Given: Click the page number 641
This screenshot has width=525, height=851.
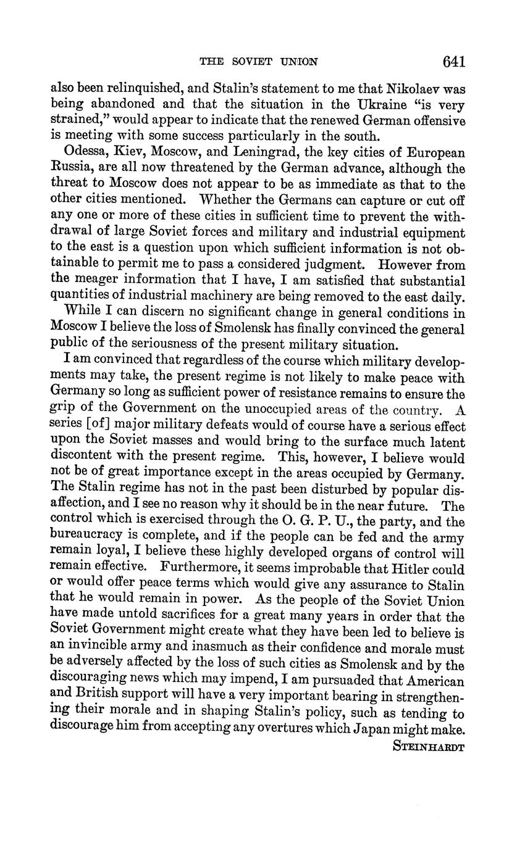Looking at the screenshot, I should coord(453,61).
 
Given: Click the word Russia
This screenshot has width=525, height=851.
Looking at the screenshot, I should coord(72,168).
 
